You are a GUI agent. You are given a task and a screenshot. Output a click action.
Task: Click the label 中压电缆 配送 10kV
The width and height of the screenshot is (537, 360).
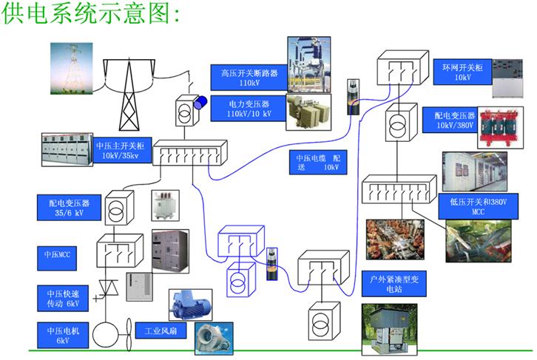317,163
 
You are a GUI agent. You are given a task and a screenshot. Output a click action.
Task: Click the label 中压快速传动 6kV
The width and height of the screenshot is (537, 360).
63,299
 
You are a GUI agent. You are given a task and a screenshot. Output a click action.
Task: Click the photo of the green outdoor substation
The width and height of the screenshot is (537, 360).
388,327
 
